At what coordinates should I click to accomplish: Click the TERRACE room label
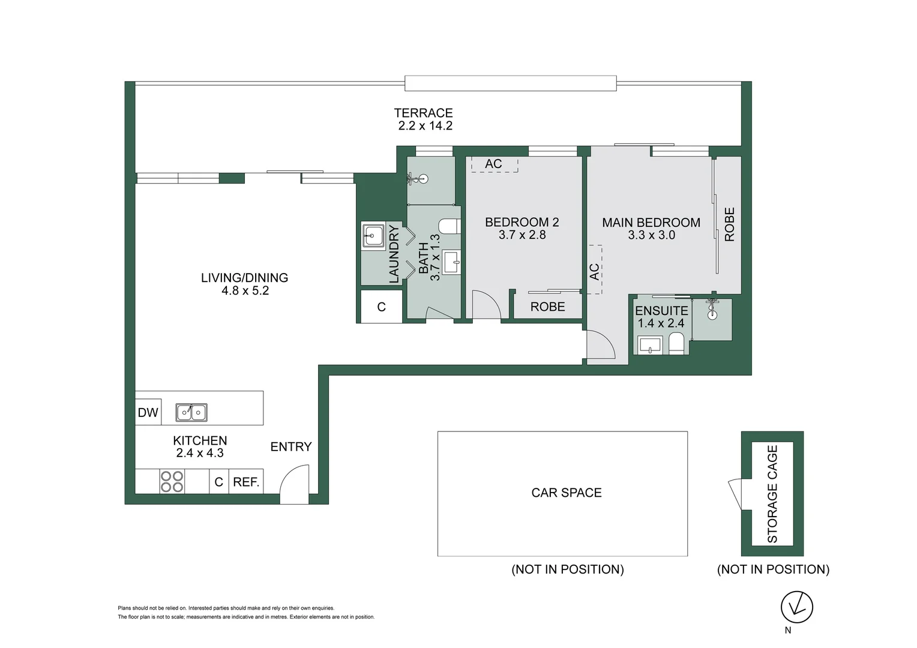coord(423,113)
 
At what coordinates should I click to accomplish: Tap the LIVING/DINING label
coord(244,278)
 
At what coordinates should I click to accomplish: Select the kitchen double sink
coord(191,412)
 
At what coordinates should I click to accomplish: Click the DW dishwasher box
coord(148,412)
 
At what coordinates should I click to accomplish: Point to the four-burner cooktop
coord(172,481)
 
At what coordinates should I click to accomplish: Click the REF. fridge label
coord(246,482)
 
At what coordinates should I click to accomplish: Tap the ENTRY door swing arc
coord(289,475)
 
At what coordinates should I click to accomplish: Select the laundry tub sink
coord(373,235)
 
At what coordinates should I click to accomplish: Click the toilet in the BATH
coord(449,226)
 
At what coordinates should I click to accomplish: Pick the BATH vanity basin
coord(451,262)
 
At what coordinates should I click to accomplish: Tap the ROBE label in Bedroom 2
coord(547,307)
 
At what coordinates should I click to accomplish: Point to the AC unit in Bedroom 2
coord(495,164)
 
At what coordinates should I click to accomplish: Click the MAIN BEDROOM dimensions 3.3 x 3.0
coord(651,235)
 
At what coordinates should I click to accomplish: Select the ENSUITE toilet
coord(675,343)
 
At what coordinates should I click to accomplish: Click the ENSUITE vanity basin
coord(649,345)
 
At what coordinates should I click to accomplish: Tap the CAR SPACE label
coord(567,493)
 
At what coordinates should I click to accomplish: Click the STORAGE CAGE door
coord(736,494)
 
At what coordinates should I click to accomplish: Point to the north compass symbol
coord(796,607)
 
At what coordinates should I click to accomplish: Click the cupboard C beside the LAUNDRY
coord(381,307)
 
